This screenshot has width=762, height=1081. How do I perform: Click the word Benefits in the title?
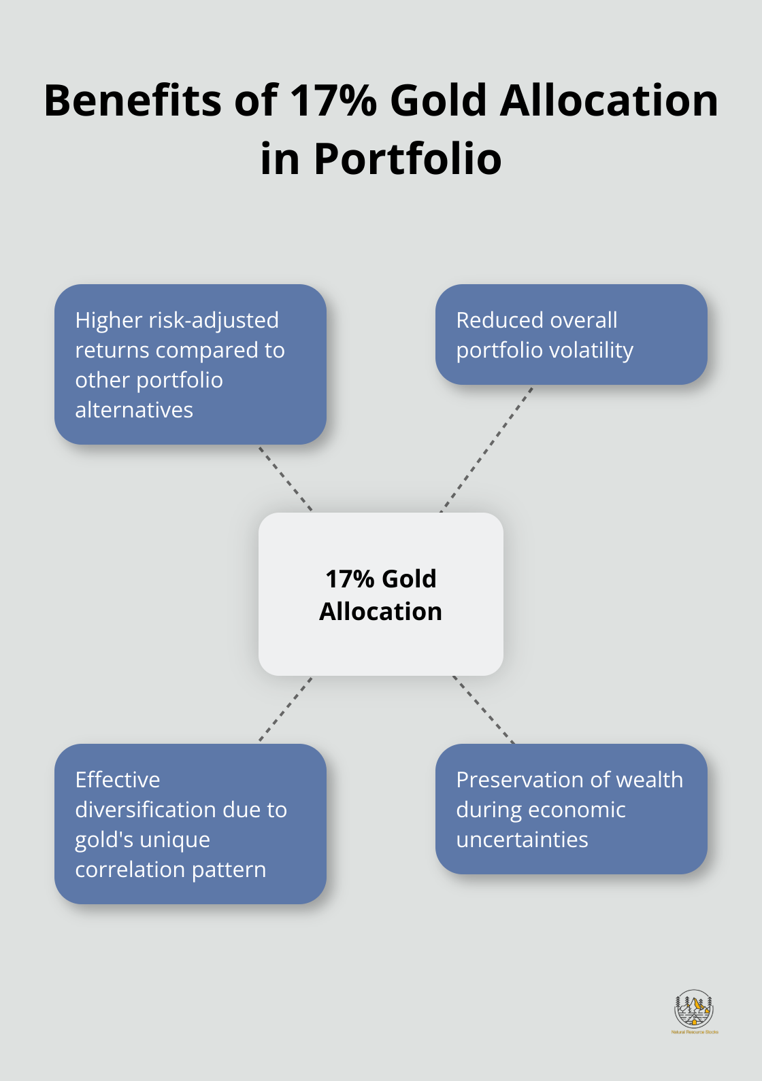pos(133,101)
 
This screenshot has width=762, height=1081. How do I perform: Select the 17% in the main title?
pos(333,101)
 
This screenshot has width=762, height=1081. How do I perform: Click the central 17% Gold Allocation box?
pos(381,594)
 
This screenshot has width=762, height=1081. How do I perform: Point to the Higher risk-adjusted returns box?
pos(190,364)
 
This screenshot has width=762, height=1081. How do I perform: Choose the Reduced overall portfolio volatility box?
pos(571,334)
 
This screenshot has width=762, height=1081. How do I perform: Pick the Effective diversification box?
pos(190,824)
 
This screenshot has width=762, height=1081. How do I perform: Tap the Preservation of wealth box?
pos(571,809)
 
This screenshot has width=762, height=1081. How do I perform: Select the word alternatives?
pos(134,410)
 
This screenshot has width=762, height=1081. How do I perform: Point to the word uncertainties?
pos(522,840)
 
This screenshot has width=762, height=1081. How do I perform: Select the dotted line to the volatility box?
pos(486,449)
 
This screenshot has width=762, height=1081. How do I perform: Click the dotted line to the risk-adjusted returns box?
pos(286,479)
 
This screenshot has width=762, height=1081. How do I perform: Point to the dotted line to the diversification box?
pos(286,709)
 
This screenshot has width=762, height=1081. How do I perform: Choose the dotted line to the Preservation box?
pos(484,709)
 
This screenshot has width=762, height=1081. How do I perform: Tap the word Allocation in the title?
pos(609,101)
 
